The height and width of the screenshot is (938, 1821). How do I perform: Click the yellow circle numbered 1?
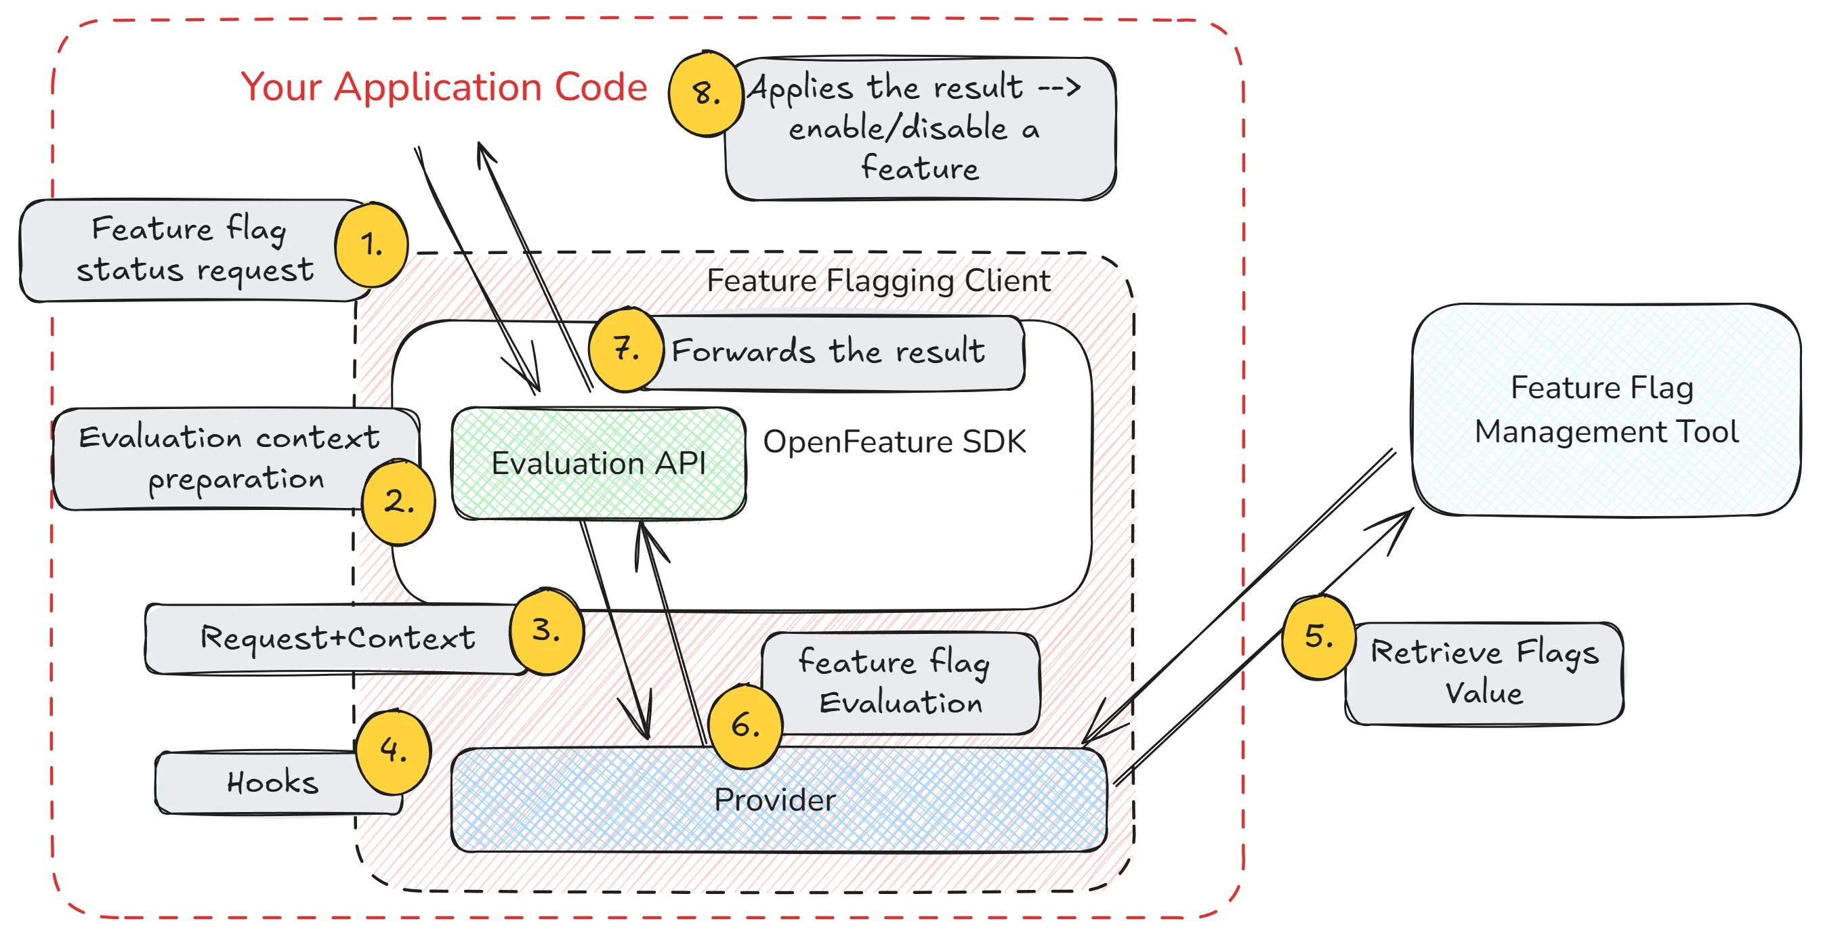click(371, 244)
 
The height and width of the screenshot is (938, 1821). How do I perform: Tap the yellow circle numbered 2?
click(399, 502)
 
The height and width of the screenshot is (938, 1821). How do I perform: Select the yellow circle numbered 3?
click(547, 630)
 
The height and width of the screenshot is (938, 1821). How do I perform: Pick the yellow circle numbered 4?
click(393, 750)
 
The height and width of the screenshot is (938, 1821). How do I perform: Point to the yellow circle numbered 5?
click(1318, 637)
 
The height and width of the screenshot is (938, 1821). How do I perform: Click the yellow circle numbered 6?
click(745, 726)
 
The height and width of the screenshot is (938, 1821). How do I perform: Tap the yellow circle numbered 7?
click(625, 349)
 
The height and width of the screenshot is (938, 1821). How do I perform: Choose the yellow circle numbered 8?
click(705, 93)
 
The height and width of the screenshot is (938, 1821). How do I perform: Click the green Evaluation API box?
click(598, 464)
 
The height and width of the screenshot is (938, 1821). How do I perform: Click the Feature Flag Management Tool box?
click(1606, 410)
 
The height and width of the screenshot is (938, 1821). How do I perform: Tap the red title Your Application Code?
click(444, 87)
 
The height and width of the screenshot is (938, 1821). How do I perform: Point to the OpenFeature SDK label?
click(894, 442)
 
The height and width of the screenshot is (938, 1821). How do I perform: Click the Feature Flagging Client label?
click(878, 280)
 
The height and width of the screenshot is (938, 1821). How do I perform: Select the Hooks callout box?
click(272, 782)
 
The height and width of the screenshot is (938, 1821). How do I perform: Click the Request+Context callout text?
click(338, 637)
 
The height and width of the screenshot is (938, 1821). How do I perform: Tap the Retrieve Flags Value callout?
click(1484, 673)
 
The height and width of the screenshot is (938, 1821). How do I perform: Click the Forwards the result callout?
click(828, 351)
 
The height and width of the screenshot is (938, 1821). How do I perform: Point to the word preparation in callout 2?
click(236, 480)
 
